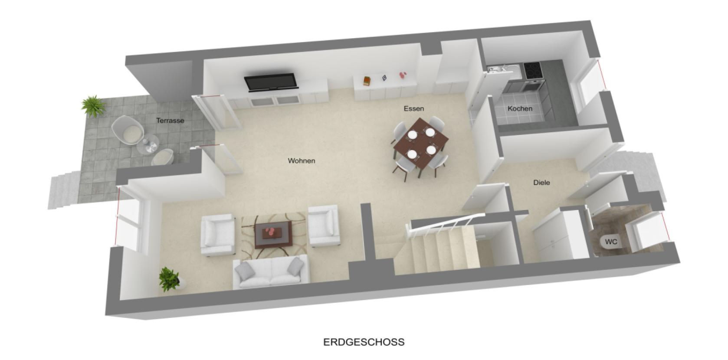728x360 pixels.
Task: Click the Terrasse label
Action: click(170, 121)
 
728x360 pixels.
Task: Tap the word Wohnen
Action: click(302, 161)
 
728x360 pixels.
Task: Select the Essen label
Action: click(413, 108)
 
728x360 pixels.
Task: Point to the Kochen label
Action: click(520, 108)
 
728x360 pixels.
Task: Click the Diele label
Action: click(541, 183)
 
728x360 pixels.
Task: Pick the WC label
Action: click(611, 242)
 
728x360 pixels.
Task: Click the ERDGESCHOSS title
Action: click(364, 342)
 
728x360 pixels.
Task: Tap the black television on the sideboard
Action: click(271, 82)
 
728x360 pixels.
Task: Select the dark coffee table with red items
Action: click(273, 234)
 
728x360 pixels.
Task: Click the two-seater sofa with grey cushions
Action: click(271, 272)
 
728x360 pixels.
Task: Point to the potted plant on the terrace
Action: click(93, 106)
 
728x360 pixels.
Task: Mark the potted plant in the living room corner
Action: click(169, 278)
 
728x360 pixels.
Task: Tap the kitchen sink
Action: click(499, 69)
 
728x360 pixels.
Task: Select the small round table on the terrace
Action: click(148, 145)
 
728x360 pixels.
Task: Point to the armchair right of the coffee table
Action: click(323, 226)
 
